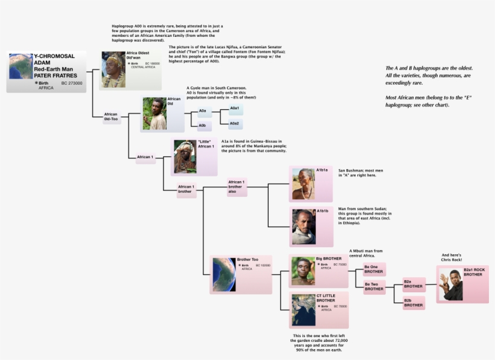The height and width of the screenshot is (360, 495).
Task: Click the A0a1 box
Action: (235, 109)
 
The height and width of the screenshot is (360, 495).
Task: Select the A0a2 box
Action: (235, 124)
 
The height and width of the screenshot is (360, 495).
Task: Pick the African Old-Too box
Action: (111, 117)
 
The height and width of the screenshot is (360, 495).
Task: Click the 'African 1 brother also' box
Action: (236, 187)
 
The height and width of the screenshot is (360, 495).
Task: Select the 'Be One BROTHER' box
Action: (374, 269)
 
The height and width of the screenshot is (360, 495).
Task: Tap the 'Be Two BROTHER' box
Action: (374, 286)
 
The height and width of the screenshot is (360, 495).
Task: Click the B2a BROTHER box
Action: (414, 284)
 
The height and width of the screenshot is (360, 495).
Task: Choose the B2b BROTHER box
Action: (414, 303)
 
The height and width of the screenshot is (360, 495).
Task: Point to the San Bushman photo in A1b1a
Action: (304, 184)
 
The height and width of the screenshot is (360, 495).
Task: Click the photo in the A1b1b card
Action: (304, 227)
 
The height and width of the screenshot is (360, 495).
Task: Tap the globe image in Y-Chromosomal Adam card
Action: (21, 66)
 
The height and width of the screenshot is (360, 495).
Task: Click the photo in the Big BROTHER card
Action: (303, 271)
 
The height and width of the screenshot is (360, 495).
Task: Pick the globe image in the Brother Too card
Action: (223, 274)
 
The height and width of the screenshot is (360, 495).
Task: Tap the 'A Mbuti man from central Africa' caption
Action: (366, 252)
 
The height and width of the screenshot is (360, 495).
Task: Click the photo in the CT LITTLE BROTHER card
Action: (303, 310)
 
